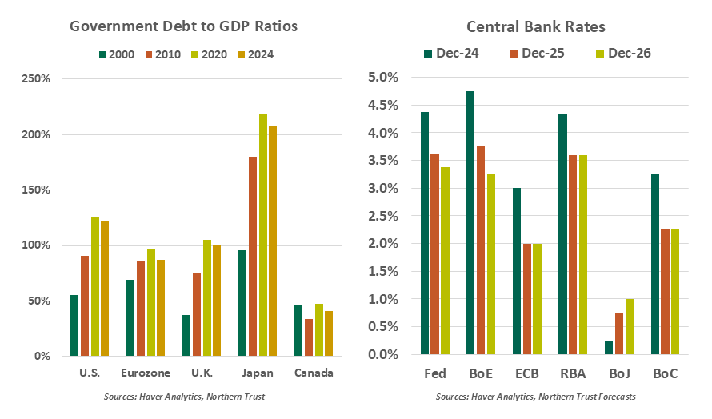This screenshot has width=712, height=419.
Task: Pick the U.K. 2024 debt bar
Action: [216, 301]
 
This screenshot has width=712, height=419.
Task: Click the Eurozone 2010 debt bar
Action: [141, 309]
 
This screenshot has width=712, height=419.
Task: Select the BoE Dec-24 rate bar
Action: [470, 223]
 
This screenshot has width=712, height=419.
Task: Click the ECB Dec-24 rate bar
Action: [517, 271]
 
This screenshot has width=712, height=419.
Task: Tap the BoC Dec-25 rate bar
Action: [666, 292]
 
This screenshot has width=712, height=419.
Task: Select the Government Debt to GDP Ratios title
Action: [183, 26]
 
